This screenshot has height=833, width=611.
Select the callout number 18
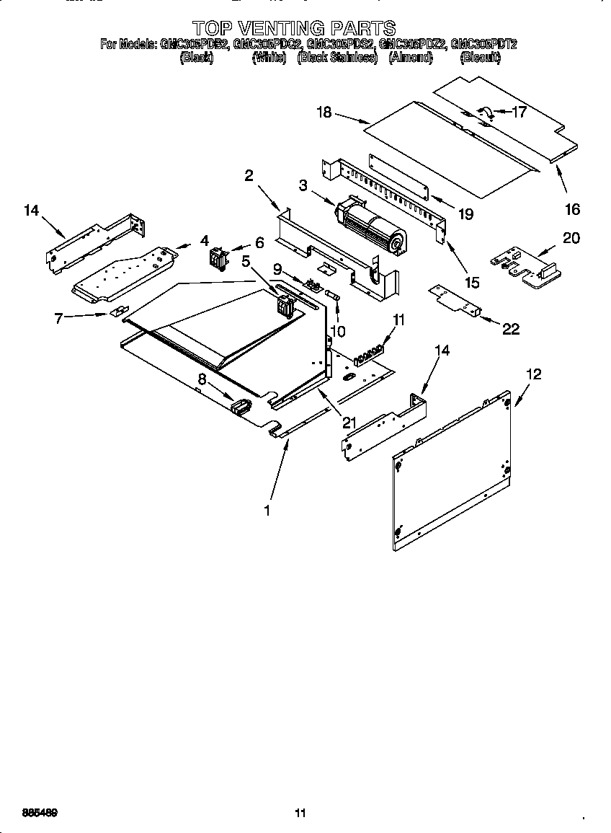[x=324, y=112]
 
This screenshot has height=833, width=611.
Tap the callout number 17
[x=519, y=112]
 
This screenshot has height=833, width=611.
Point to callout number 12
[x=533, y=374]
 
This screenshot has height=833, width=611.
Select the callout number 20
[x=571, y=239]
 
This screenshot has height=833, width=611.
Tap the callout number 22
[x=510, y=329]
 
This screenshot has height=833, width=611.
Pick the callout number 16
[x=572, y=210]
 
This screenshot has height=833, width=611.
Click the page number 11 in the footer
[x=300, y=814]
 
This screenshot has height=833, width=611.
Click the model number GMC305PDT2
[x=483, y=44]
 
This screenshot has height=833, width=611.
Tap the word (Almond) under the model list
[x=410, y=58]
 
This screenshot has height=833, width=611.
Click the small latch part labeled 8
[x=238, y=407]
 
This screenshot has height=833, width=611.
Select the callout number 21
[x=349, y=423]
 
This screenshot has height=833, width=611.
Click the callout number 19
[x=465, y=214]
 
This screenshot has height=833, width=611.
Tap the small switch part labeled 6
[x=217, y=257]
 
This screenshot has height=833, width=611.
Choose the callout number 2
[x=249, y=175]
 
